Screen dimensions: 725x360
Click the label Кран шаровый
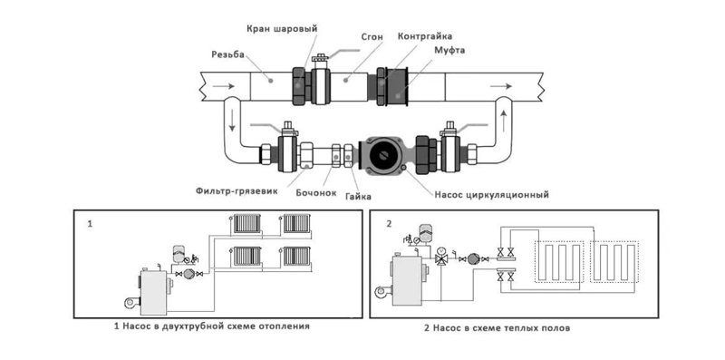click(x=282, y=28)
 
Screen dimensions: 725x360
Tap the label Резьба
click(x=227, y=54)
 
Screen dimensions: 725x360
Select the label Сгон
click(x=372, y=37)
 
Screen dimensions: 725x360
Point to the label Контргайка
click(x=424, y=35)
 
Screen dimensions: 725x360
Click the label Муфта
click(x=449, y=50)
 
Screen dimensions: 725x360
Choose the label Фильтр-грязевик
click(x=237, y=190)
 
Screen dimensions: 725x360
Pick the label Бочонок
click(x=316, y=192)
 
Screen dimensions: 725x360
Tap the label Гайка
click(x=358, y=197)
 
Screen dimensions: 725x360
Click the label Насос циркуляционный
click(x=491, y=195)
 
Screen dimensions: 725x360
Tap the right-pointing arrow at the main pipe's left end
click(x=223, y=86)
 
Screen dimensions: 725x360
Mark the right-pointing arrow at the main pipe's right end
click(x=501, y=86)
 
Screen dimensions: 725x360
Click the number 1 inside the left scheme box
click(x=90, y=223)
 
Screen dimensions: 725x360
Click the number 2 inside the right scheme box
click(x=389, y=223)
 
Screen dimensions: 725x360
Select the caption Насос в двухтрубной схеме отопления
click(x=216, y=326)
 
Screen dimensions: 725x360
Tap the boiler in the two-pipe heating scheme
click(x=155, y=291)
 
